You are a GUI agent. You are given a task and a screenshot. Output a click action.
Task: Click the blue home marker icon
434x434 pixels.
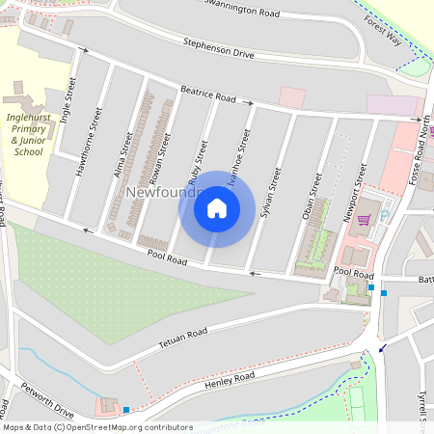(217, 208)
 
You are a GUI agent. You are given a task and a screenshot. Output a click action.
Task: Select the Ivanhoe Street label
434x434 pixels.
(244, 153)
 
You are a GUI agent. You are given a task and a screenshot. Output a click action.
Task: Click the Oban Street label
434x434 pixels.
(313, 197)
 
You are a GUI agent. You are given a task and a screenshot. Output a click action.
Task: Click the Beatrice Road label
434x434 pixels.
(207, 95)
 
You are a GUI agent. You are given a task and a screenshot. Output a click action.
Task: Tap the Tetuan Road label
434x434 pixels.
(183, 339)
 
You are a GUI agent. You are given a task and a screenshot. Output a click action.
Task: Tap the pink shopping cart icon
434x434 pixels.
(364, 219)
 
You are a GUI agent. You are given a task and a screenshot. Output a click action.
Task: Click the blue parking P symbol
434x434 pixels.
(385, 215)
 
